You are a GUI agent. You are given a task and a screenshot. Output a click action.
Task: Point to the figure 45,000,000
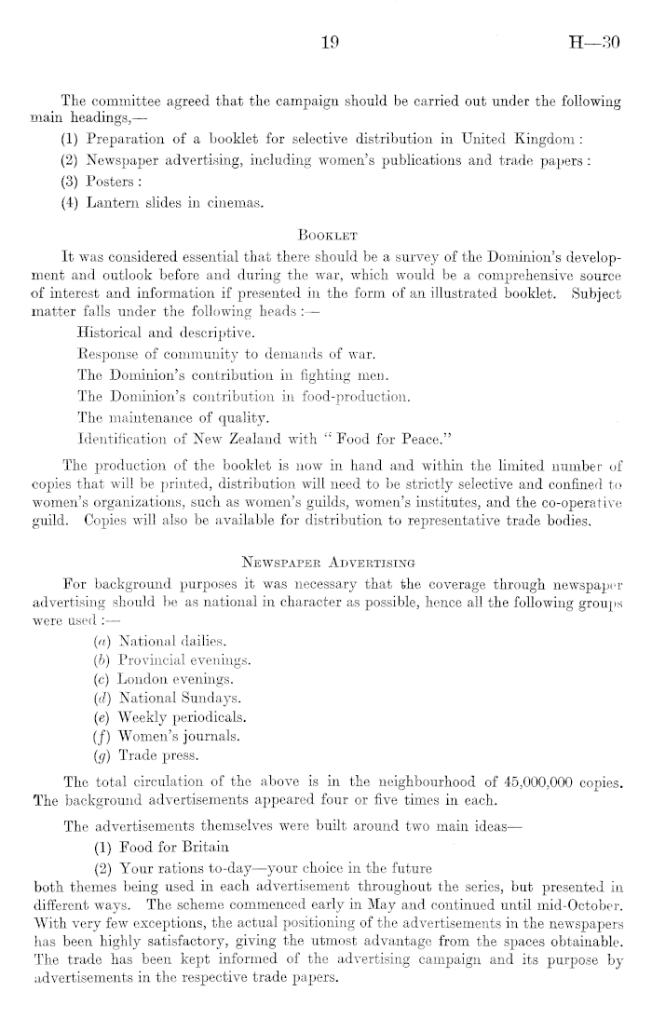tap(503, 800)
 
